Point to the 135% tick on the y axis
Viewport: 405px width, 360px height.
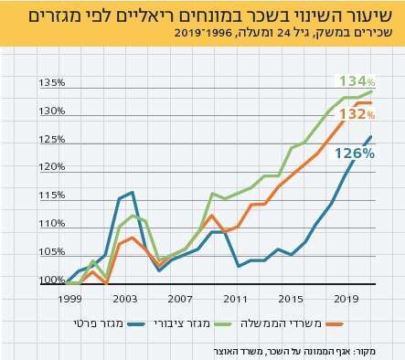[x=51, y=82]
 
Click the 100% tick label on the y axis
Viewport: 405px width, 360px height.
[x=51, y=280]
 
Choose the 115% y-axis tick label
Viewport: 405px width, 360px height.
[x=51, y=195]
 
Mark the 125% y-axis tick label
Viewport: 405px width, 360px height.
[x=51, y=139]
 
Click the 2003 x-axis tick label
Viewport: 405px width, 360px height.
[x=126, y=299]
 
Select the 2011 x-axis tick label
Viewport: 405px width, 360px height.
[x=236, y=299]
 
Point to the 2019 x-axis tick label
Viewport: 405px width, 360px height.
[x=346, y=299]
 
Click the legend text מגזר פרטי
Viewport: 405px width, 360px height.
[x=94, y=323]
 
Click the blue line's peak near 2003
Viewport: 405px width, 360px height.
[x=133, y=192]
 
